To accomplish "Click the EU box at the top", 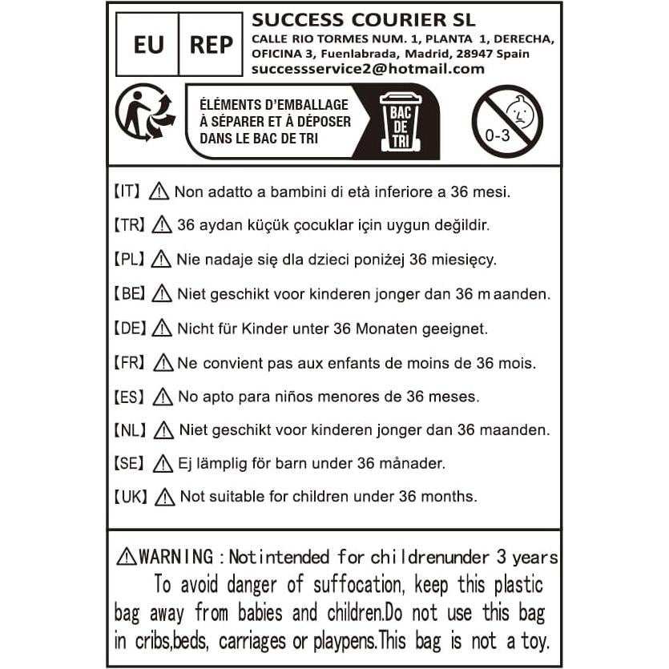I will [148, 45].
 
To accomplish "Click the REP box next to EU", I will [211, 45].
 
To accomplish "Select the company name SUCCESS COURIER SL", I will [363, 19].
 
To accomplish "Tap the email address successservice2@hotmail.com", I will [368, 69].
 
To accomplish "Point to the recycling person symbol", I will [145, 114].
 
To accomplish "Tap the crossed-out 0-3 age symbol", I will [506, 121].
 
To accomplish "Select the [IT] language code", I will [127, 192].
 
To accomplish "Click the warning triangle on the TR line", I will [162, 225].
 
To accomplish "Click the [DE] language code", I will [129, 328].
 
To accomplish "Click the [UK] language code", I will [130, 497].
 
